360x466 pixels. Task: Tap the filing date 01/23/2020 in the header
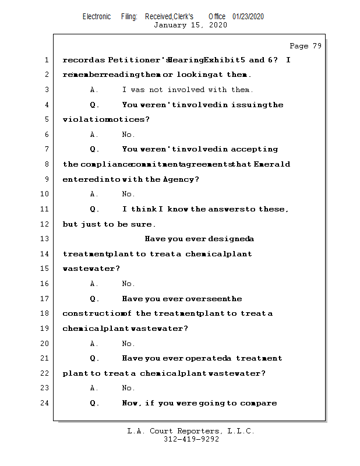[x=248, y=16]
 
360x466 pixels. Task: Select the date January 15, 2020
[x=190, y=25]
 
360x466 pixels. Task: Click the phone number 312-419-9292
[x=190, y=440]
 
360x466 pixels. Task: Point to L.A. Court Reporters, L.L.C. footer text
[x=190, y=431]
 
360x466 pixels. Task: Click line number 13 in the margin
[x=46, y=239]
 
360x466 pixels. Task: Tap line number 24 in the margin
[x=46, y=403]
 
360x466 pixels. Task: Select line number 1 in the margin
[x=46, y=60]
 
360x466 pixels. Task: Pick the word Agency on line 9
[x=179, y=179]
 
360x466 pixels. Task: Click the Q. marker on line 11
[x=94, y=209]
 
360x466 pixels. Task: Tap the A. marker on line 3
[x=94, y=90]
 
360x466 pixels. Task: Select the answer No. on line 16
[x=128, y=284]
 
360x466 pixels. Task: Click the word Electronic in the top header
[x=97, y=16]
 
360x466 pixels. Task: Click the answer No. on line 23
[x=128, y=388]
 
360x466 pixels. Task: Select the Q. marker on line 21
[x=94, y=358]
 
